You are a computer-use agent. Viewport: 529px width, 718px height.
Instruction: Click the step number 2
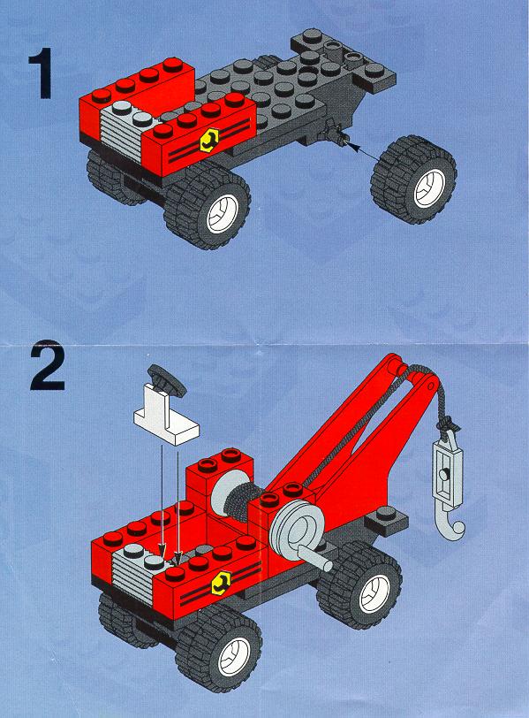48,367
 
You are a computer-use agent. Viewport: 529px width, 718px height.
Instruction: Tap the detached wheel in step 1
414,179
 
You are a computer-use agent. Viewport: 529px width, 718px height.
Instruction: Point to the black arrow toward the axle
363,151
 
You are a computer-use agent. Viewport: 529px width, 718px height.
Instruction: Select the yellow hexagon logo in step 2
221,584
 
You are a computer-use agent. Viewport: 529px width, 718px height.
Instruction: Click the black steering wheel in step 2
168,378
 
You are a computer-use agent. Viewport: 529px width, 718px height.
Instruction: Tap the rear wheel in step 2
361,587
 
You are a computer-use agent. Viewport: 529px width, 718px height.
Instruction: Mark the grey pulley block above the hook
446,466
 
